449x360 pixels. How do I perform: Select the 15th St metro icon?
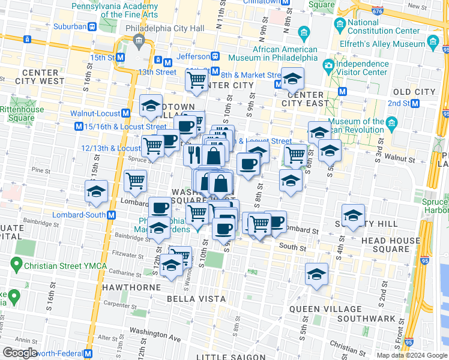point(120,57)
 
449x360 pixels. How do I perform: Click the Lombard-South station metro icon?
point(112,215)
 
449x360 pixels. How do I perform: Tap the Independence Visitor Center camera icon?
point(328,65)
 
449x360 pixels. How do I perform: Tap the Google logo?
point(20,353)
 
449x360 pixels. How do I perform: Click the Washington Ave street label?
point(155,338)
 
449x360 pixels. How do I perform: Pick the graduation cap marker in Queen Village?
point(316,275)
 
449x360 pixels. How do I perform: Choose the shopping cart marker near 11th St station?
point(196,80)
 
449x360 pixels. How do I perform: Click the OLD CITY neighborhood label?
point(413,92)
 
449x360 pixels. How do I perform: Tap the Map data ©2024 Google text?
point(411,355)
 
